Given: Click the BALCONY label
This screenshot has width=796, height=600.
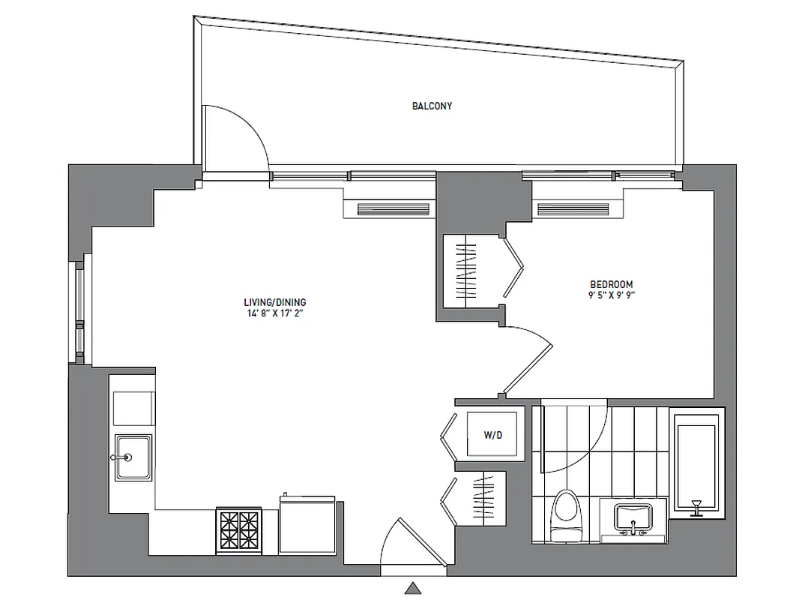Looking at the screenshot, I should (x=432, y=106).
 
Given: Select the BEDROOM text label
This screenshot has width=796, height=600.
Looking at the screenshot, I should (x=611, y=284).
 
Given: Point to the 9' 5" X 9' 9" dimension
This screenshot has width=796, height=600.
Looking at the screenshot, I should (x=611, y=295).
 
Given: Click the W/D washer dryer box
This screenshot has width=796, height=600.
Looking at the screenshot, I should (x=492, y=435).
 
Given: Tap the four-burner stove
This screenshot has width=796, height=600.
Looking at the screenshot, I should (x=238, y=531).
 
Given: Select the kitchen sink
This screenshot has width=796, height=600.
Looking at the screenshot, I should (x=133, y=457).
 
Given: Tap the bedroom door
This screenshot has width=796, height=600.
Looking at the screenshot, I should (x=528, y=360).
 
